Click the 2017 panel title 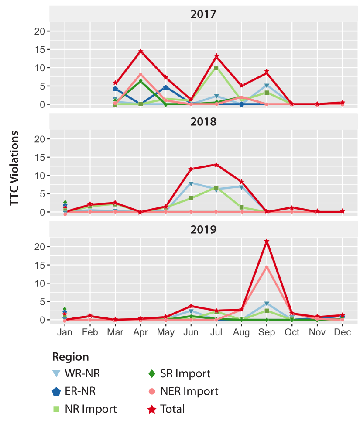pyautogui.click(x=203, y=14)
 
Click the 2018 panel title pyautogui.click(x=203, y=121)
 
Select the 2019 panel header pyautogui.click(x=203, y=229)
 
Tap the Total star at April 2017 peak pyautogui.click(x=141, y=51)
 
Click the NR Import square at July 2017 pyautogui.click(x=216, y=68)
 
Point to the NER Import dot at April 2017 pyautogui.click(x=141, y=75)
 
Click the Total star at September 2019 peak pyautogui.click(x=267, y=241)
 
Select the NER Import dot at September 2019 pyautogui.click(x=267, y=267)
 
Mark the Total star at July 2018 pyautogui.click(x=216, y=165)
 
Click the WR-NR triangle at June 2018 pyautogui.click(x=191, y=183)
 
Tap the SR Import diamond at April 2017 pyautogui.click(x=141, y=81)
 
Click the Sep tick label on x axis pyautogui.click(x=267, y=332)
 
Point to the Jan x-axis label pyautogui.click(x=65, y=332)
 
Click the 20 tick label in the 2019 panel pyautogui.click(x=40, y=247)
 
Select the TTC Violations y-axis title pyautogui.click(x=14, y=168)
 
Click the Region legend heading pyautogui.click(x=70, y=357)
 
